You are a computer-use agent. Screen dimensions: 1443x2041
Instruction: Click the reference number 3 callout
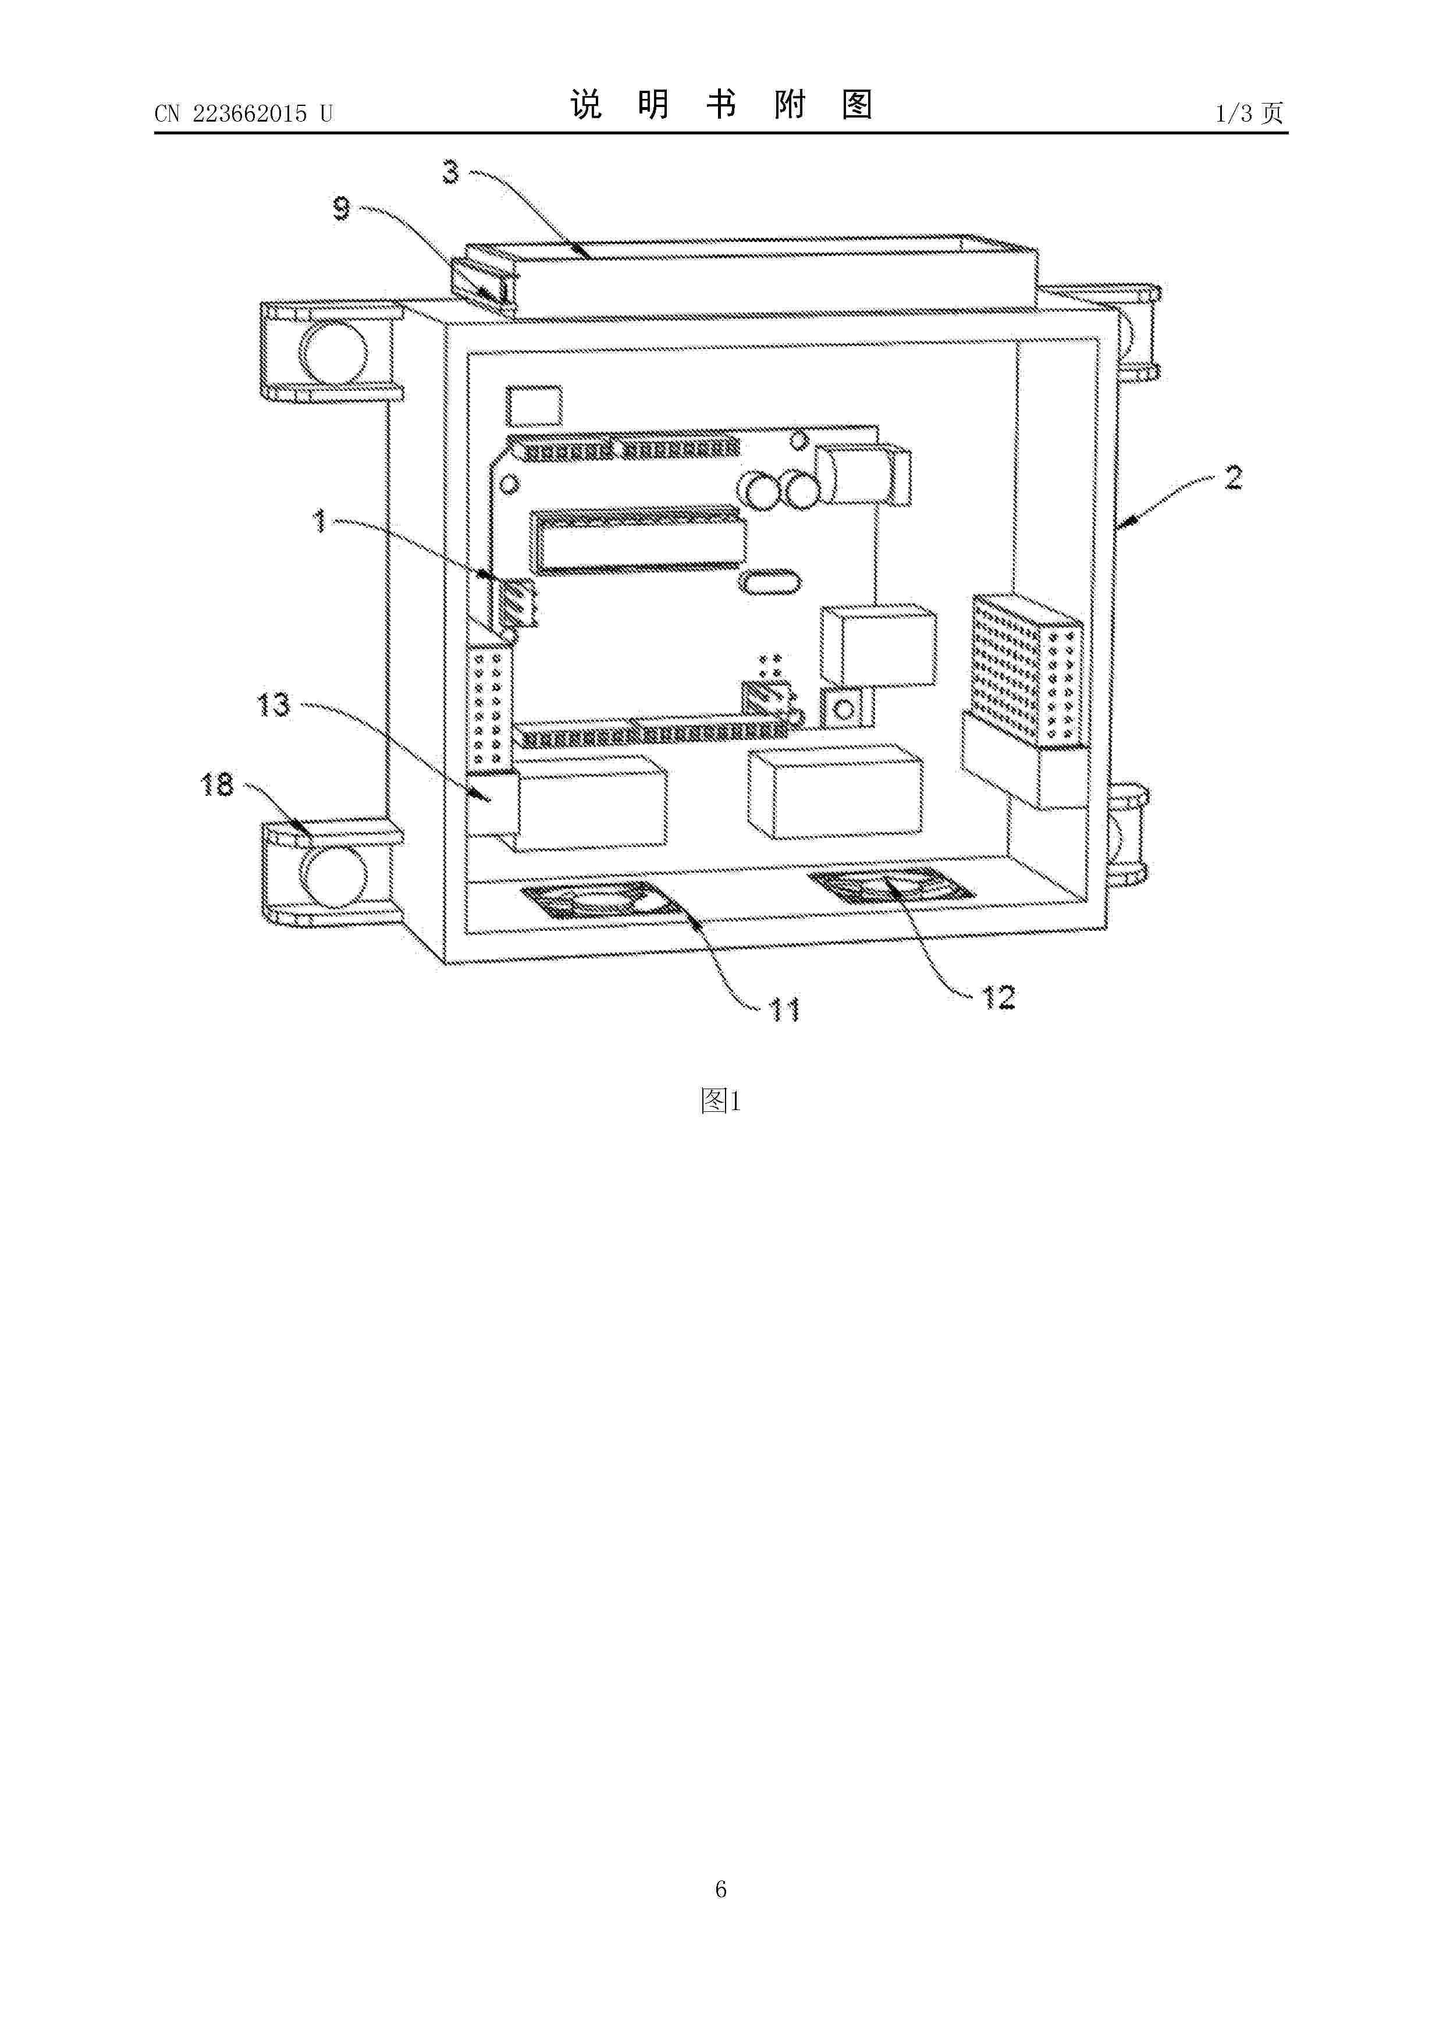[x=452, y=172]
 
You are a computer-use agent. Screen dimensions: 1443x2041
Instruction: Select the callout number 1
[x=320, y=521]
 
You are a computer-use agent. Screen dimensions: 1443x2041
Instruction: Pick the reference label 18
[x=218, y=785]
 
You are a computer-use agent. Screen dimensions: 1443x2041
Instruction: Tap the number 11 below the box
[x=784, y=1010]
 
